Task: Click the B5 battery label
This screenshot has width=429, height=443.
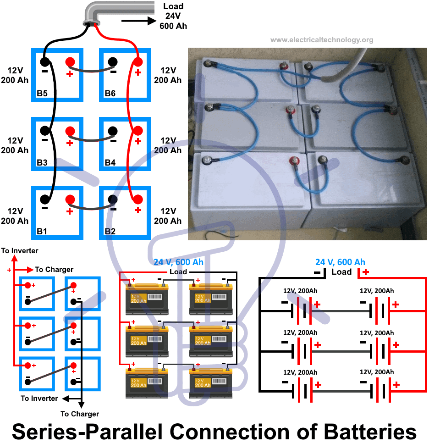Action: (x=43, y=94)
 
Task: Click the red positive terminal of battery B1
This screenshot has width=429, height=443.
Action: (x=70, y=199)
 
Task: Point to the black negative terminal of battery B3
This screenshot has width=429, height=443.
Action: (x=44, y=131)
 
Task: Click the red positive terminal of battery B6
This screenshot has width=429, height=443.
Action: (x=137, y=62)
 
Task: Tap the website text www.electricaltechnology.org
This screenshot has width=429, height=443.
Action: (x=322, y=40)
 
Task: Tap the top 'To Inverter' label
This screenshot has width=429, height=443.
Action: (x=20, y=251)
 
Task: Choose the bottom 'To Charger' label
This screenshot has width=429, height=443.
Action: (x=80, y=414)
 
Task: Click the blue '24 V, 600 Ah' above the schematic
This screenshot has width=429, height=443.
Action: (x=340, y=262)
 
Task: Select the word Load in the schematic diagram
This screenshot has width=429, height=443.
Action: (x=341, y=272)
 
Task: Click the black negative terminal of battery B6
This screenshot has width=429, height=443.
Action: (x=113, y=62)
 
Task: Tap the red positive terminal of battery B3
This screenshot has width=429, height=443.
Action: (x=70, y=131)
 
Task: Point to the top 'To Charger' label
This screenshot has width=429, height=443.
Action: (x=54, y=270)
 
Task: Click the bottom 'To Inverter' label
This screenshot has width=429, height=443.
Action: (x=39, y=399)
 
